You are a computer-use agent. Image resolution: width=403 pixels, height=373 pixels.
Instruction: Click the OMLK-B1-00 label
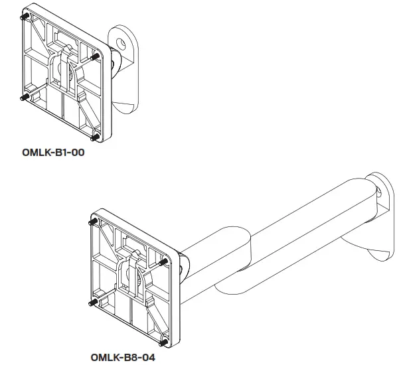coord(54,153)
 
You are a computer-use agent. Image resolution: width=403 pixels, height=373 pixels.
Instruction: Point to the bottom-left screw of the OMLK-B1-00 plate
coord(23,98)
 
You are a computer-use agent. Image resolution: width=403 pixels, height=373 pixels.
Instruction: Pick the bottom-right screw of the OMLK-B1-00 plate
coord(95,137)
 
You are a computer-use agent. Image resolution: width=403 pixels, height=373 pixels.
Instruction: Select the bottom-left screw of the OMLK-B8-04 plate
coord(92,301)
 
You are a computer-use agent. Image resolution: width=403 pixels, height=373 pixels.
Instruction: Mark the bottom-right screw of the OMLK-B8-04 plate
coord(164,342)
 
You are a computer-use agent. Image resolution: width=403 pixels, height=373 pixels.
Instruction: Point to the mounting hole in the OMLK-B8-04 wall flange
coord(378,194)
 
